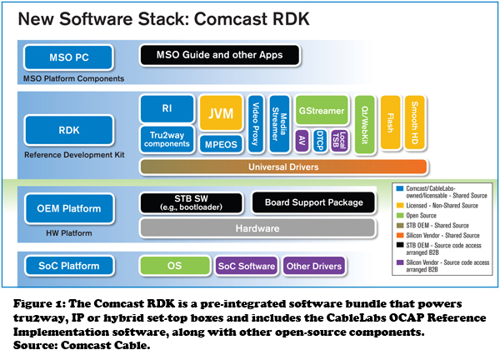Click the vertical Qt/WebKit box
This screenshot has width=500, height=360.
click(361, 125)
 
